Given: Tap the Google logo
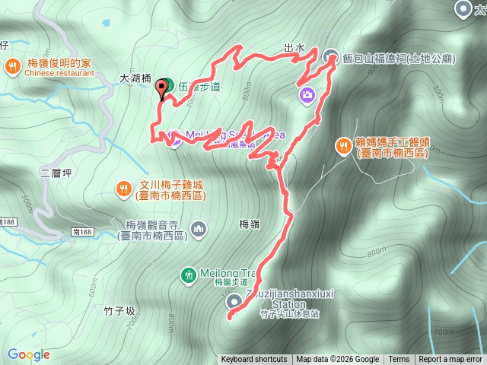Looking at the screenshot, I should pos(29,354).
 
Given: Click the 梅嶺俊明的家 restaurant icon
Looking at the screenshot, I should pos(14,66).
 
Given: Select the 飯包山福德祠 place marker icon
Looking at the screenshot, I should pos(331,56).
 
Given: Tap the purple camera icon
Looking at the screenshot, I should pos(307,94).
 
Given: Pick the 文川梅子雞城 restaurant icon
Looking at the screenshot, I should pos(124,187).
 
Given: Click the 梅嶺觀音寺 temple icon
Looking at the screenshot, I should pos(199,228).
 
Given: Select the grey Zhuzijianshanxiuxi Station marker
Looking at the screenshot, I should pos(234,302).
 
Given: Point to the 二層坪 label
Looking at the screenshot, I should pos(56,173).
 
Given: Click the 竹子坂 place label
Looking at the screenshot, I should pos(119,311).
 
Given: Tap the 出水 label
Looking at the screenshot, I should pos(294,47).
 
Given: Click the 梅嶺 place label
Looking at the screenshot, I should pos(250,224).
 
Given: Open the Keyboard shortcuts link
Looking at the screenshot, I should pos(254,360).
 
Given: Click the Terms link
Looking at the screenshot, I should pos(399,360).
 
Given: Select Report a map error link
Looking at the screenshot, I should pos(450,360).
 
